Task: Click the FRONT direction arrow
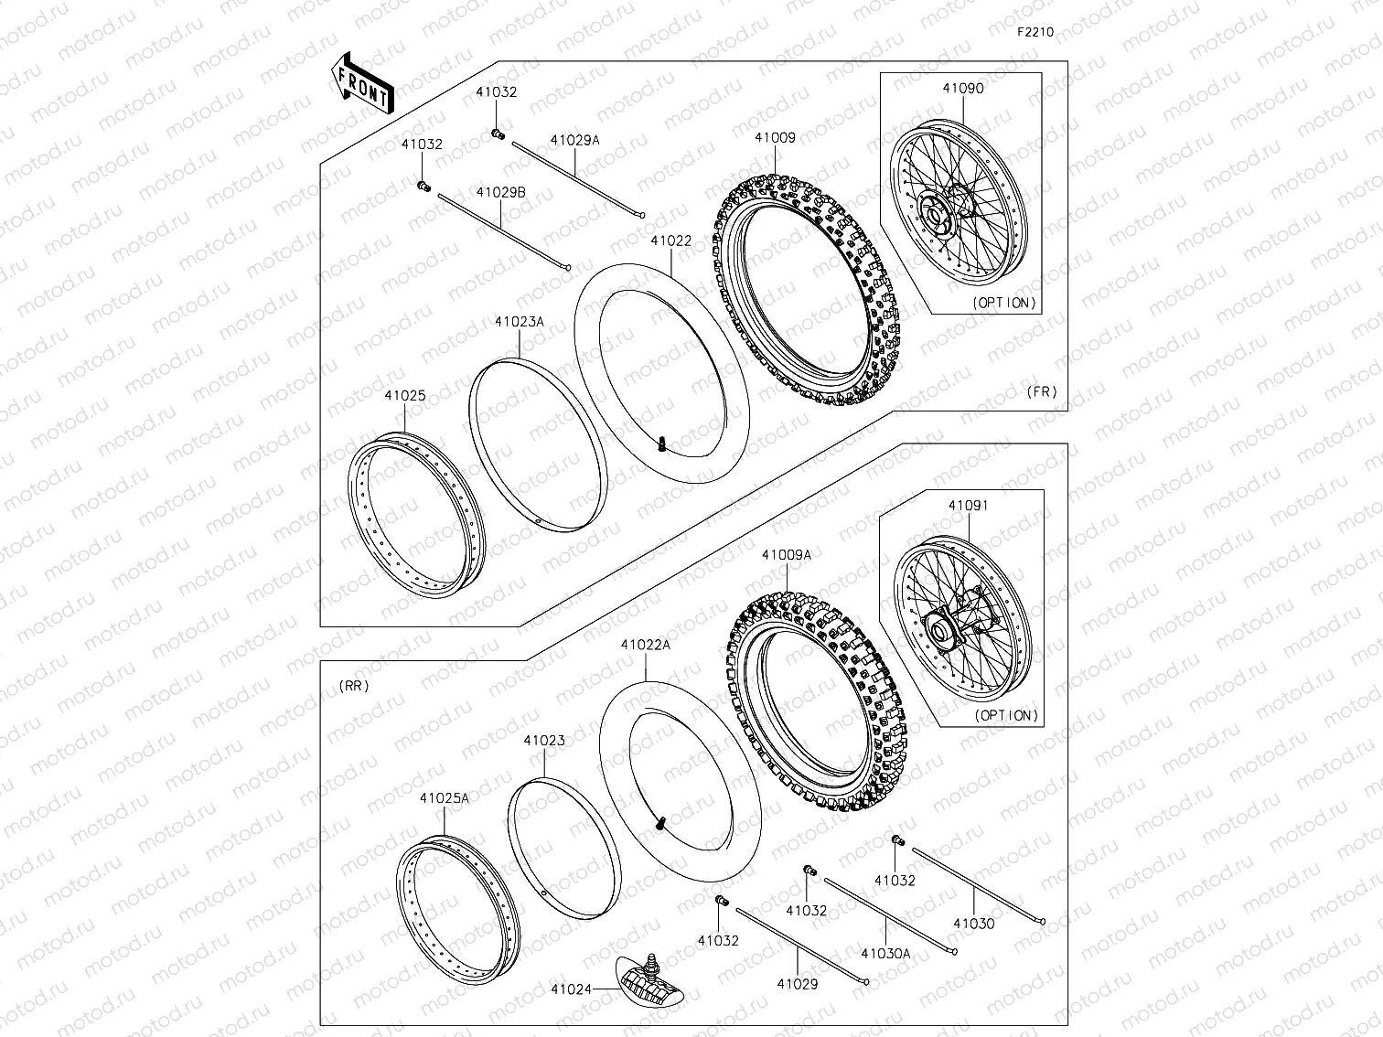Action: (x=362, y=83)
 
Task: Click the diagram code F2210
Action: (x=1035, y=32)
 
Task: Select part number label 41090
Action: (x=963, y=89)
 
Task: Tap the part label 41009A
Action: (x=786, y=554)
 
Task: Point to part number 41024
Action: (x=572, y=989)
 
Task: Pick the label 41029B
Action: (x=500, y=192)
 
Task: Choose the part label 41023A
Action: (x=519, y=322)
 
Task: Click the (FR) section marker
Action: (x=1041, y=391)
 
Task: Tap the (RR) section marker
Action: (x=353, y=686)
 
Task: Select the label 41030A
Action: (x=885, y=953)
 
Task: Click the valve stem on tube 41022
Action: (x=659, y=446)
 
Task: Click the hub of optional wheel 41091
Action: (x=940, y=628)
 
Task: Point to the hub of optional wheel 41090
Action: (x=935, y=216)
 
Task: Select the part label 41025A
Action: (x=445, y=797)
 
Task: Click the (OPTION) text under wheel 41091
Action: (x=1007, y=715)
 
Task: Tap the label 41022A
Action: (x=646, y=645)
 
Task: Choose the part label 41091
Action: (x=968, y=505)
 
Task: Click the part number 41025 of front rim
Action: (x=404, y=396)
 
